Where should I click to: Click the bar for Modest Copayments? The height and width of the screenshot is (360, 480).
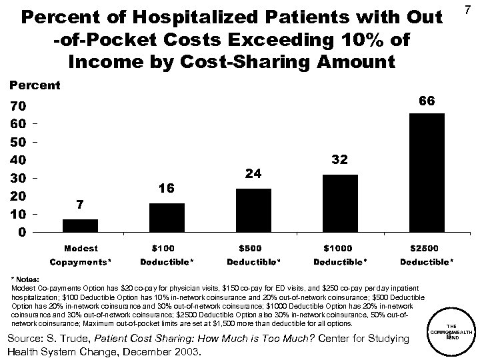80,225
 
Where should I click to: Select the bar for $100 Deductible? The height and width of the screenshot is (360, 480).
167,217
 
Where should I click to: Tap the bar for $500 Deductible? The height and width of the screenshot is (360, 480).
253,210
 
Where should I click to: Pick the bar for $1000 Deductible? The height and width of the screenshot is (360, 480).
340,203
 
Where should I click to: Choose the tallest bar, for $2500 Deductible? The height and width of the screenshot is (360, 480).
426,173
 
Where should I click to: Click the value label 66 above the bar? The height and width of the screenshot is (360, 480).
427,100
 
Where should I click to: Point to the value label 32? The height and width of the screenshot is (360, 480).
340,161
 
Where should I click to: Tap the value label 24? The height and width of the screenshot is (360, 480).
253,173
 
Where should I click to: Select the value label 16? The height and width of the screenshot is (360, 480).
167,189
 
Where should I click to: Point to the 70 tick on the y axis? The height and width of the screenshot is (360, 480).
18,106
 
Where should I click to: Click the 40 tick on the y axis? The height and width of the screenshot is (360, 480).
18,161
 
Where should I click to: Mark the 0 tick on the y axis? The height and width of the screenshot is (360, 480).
22,233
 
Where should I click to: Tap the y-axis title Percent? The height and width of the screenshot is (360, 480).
33,85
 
